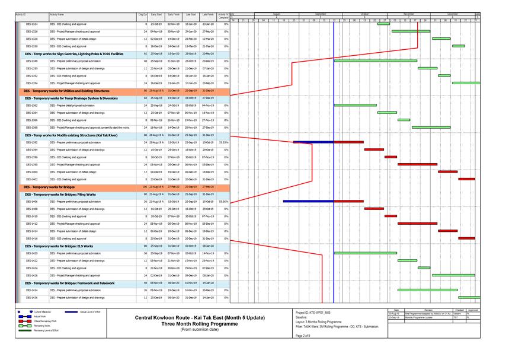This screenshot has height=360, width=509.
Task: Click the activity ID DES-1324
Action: [31, 24]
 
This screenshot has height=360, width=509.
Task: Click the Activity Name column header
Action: [57, 14]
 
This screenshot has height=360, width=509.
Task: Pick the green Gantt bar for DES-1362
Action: [355, 105]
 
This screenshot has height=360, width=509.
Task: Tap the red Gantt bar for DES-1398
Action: [417, 164]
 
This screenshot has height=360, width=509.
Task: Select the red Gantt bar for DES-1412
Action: [417, 224]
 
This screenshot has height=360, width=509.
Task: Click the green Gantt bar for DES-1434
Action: [427, 290]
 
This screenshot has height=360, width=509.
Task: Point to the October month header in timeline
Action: [364, 13]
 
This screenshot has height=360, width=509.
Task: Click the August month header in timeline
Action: [276, 13]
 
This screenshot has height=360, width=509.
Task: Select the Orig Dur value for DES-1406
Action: [146, 202]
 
